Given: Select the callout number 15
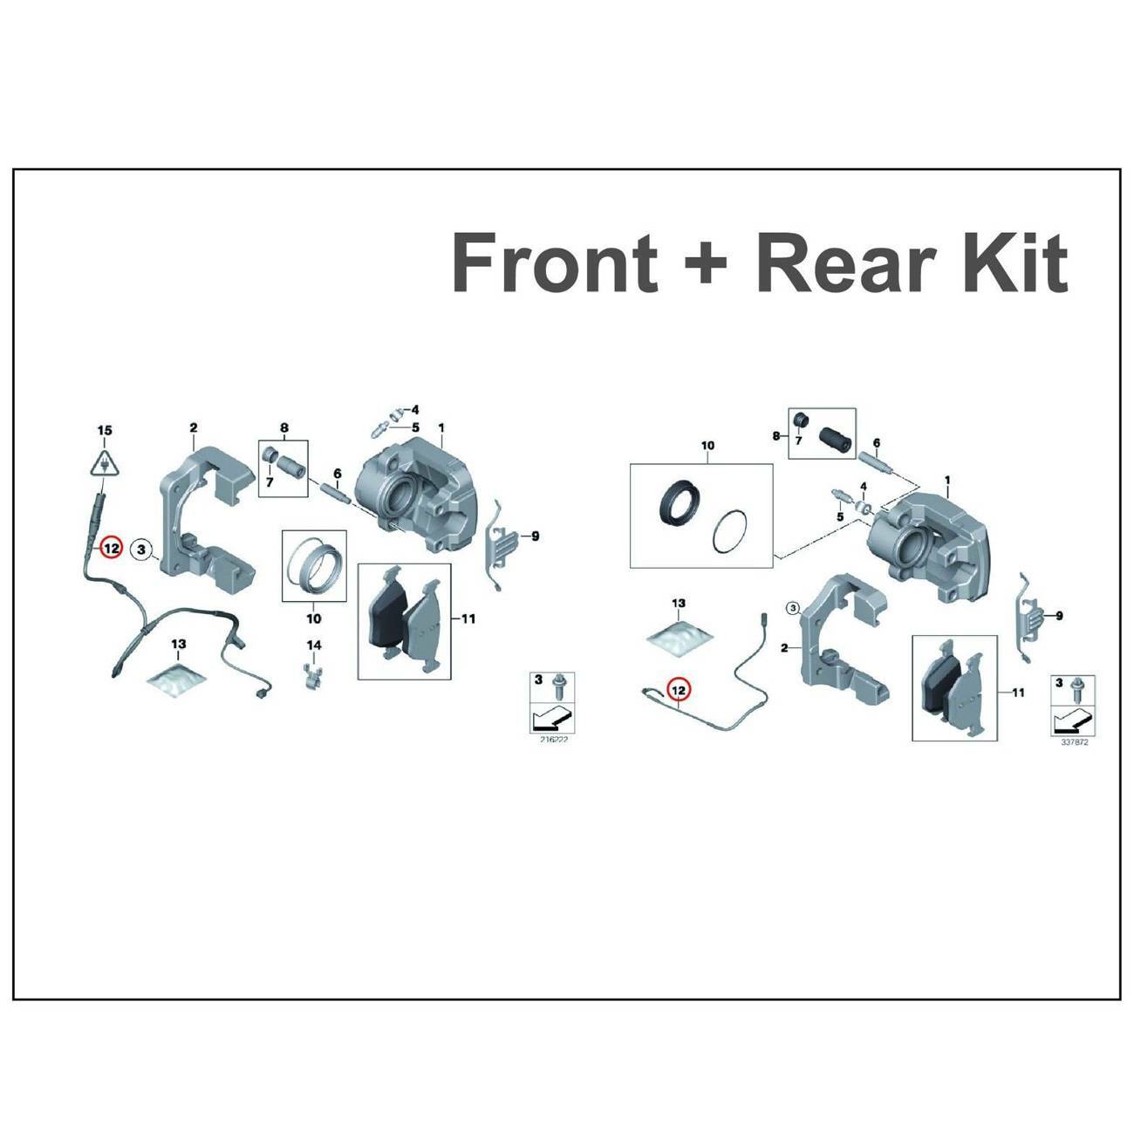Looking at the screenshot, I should coord(104,430).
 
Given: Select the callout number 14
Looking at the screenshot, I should coord(313,645).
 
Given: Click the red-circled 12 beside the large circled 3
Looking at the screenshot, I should coord(111,549).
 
